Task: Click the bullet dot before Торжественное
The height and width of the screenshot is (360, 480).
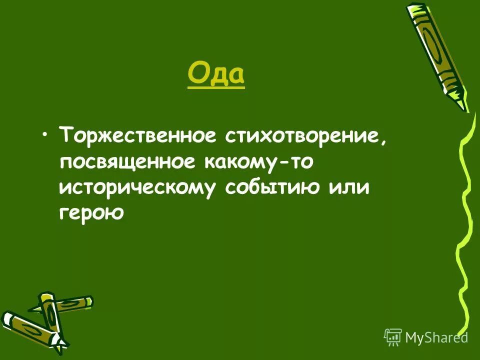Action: tap(46, 135)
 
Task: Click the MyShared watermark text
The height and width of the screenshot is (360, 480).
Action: tap(436, 337)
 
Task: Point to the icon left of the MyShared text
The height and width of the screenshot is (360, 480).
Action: tap(392, 337)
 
